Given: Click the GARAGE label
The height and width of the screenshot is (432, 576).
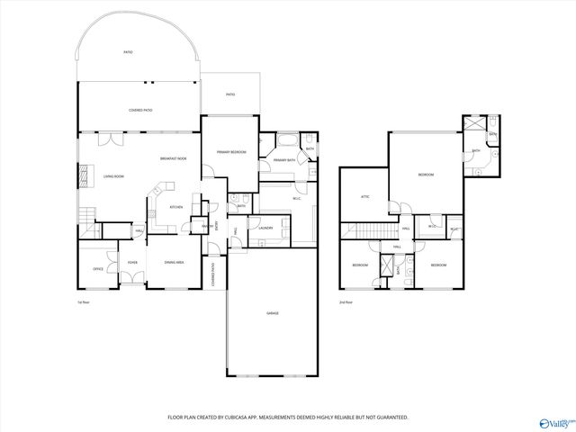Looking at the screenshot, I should click(272, 313).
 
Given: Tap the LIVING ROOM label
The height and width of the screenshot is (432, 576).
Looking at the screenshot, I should click(113, 176).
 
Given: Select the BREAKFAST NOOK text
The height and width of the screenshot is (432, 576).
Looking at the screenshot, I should click(173, 158).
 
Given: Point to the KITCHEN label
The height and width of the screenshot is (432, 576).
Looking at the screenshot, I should click(177, 207).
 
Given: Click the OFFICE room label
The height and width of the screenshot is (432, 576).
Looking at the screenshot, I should click(98, 268).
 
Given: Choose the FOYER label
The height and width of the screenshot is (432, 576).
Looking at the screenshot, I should click(132, 263).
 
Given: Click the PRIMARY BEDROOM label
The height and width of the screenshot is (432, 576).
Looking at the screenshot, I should click(230, 153).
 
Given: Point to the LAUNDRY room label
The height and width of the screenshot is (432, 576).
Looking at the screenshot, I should click(265, 228).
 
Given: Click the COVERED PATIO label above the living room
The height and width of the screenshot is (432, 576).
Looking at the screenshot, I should click(141, 110).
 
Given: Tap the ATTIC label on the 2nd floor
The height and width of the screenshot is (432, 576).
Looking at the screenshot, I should click(365, 196).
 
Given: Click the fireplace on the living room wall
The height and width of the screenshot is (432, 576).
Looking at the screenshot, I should click(85, 175).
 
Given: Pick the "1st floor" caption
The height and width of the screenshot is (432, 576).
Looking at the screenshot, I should click(84, 301).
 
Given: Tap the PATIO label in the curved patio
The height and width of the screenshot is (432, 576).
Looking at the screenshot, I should click(128, 52).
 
